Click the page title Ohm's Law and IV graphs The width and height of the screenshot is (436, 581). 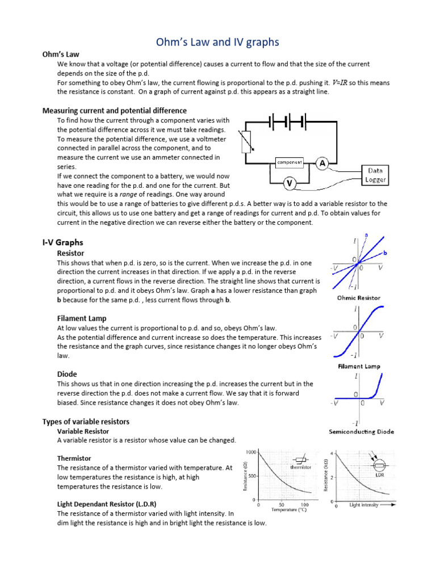pyautogui.click(x=217, y=43)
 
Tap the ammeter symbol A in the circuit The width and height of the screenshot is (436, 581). pyautogui.click(x=323, y=163)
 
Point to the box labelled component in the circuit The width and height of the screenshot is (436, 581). pyautogui.click(x=290, y=163)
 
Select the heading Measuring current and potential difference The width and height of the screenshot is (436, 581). pyautogui.click(x=115, y=110)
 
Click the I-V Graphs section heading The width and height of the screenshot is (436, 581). pyautogui.click(x=62, y=242)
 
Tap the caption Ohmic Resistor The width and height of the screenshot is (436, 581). pyautogui.click(x=359, y=297)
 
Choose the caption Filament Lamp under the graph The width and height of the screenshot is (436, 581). pyautogui.click(x=359, y=367)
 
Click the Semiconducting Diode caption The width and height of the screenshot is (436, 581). pyautogui.click(x=362, y=431)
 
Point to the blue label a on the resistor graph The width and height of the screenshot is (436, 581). pyautogui.click(x=366, y=234)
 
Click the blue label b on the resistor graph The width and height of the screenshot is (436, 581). pyautogui.click(x=385, y=252)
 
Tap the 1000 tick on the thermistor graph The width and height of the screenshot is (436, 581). pyautogui.click(x=251, y=452)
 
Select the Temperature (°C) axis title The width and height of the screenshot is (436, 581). pyautogui.click(x=284, y=510)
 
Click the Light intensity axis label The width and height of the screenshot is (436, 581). pyautogui.click(x=364, y=504)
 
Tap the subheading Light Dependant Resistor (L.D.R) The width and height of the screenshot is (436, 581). pyautogui.click(x=107, y=504)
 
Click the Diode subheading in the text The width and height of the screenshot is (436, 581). pyautogui.click(x=67, y=374)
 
